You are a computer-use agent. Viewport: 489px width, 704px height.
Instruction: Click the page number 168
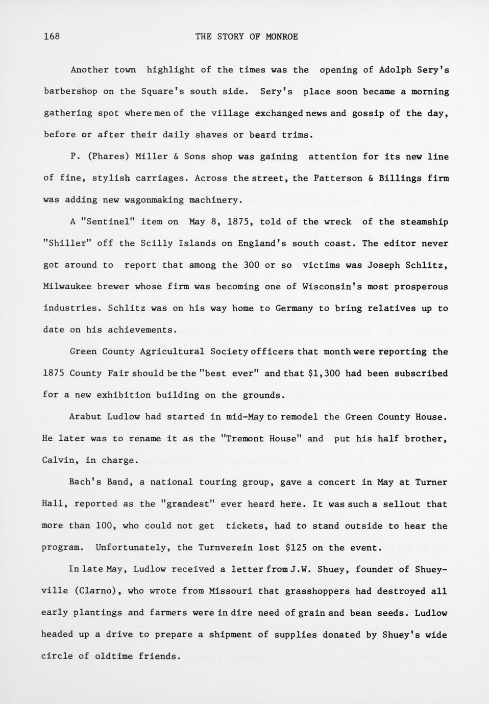tap(52, 36)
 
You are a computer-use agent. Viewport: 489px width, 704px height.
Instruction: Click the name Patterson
tap(337, 179)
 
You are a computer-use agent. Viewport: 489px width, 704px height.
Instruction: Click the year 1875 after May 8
tap(237, 222)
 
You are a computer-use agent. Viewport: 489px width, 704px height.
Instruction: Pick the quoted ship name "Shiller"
tap(67, 243)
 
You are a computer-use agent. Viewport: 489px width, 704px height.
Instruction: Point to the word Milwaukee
tap(67, 287)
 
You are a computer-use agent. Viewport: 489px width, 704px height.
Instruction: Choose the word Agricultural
tap(172, 351)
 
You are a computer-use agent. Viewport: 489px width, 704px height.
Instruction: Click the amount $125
tap(296, 548)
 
